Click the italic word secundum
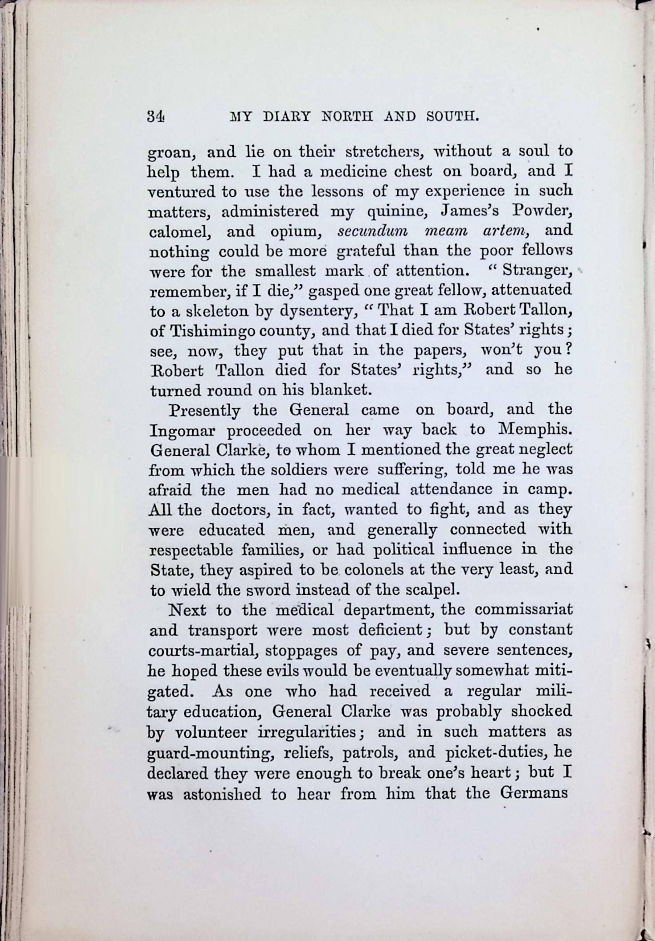[x=372, y=231]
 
